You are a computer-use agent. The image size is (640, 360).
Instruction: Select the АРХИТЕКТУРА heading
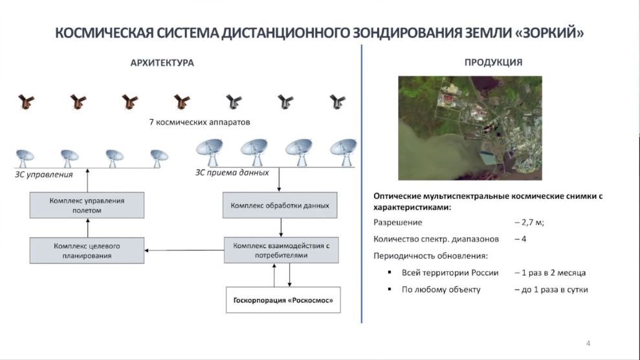pos(162,63)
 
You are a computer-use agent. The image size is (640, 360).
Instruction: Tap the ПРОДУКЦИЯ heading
pos(493,62)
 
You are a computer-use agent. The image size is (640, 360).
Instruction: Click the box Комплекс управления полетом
pos(87,205)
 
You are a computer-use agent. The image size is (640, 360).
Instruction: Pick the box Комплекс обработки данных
pos(280,205)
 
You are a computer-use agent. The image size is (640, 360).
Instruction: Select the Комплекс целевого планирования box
pos(87,251)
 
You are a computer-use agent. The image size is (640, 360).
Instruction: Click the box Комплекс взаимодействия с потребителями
pos(281,250)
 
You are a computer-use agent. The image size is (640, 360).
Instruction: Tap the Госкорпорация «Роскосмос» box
pos(283,300)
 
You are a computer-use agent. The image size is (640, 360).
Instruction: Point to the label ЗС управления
pos(43,175)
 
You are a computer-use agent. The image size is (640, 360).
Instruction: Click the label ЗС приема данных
pos(232,173)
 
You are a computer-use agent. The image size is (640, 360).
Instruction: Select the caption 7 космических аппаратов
pos(199,122)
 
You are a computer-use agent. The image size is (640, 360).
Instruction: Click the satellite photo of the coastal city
pos(470,128)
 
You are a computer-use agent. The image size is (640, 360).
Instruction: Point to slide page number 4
pos(588,343)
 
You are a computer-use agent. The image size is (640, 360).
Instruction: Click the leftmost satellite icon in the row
pos(26,102)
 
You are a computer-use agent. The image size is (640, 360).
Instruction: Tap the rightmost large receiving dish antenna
pos(343,152)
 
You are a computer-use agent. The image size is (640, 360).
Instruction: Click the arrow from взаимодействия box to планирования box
pos(184,250)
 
